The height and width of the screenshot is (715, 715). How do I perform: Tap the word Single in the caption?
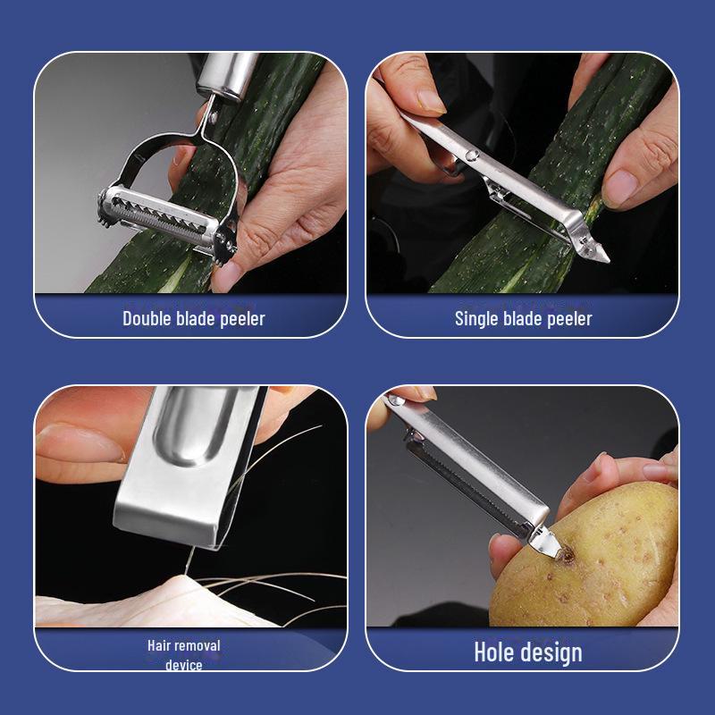[478, 318]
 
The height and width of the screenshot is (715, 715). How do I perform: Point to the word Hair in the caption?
[161, 645]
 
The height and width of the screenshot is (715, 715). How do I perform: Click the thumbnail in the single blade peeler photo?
[431, 99]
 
